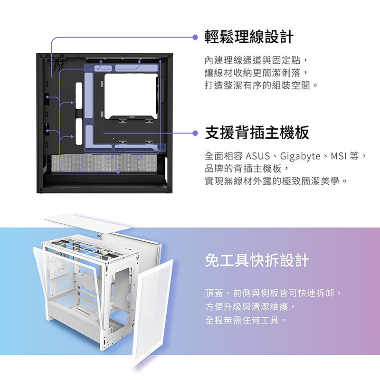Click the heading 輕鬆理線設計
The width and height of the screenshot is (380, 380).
(x=249, y=37)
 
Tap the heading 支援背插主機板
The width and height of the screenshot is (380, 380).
(x=257, y=133)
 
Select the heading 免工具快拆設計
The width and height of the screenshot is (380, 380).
(x=257, y=260)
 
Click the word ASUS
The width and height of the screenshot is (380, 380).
(x=258, y=156)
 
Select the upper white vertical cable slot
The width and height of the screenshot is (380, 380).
(x=79, y=96)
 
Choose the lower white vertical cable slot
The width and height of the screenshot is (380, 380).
(x=79, y=132)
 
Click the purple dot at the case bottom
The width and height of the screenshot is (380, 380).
(x=118, y=172)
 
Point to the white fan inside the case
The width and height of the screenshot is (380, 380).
(x=58, y=266)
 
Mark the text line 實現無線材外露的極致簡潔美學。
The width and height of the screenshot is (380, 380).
(x=276, y=181)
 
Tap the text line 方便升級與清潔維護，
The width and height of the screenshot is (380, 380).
(x=250, y=307)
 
